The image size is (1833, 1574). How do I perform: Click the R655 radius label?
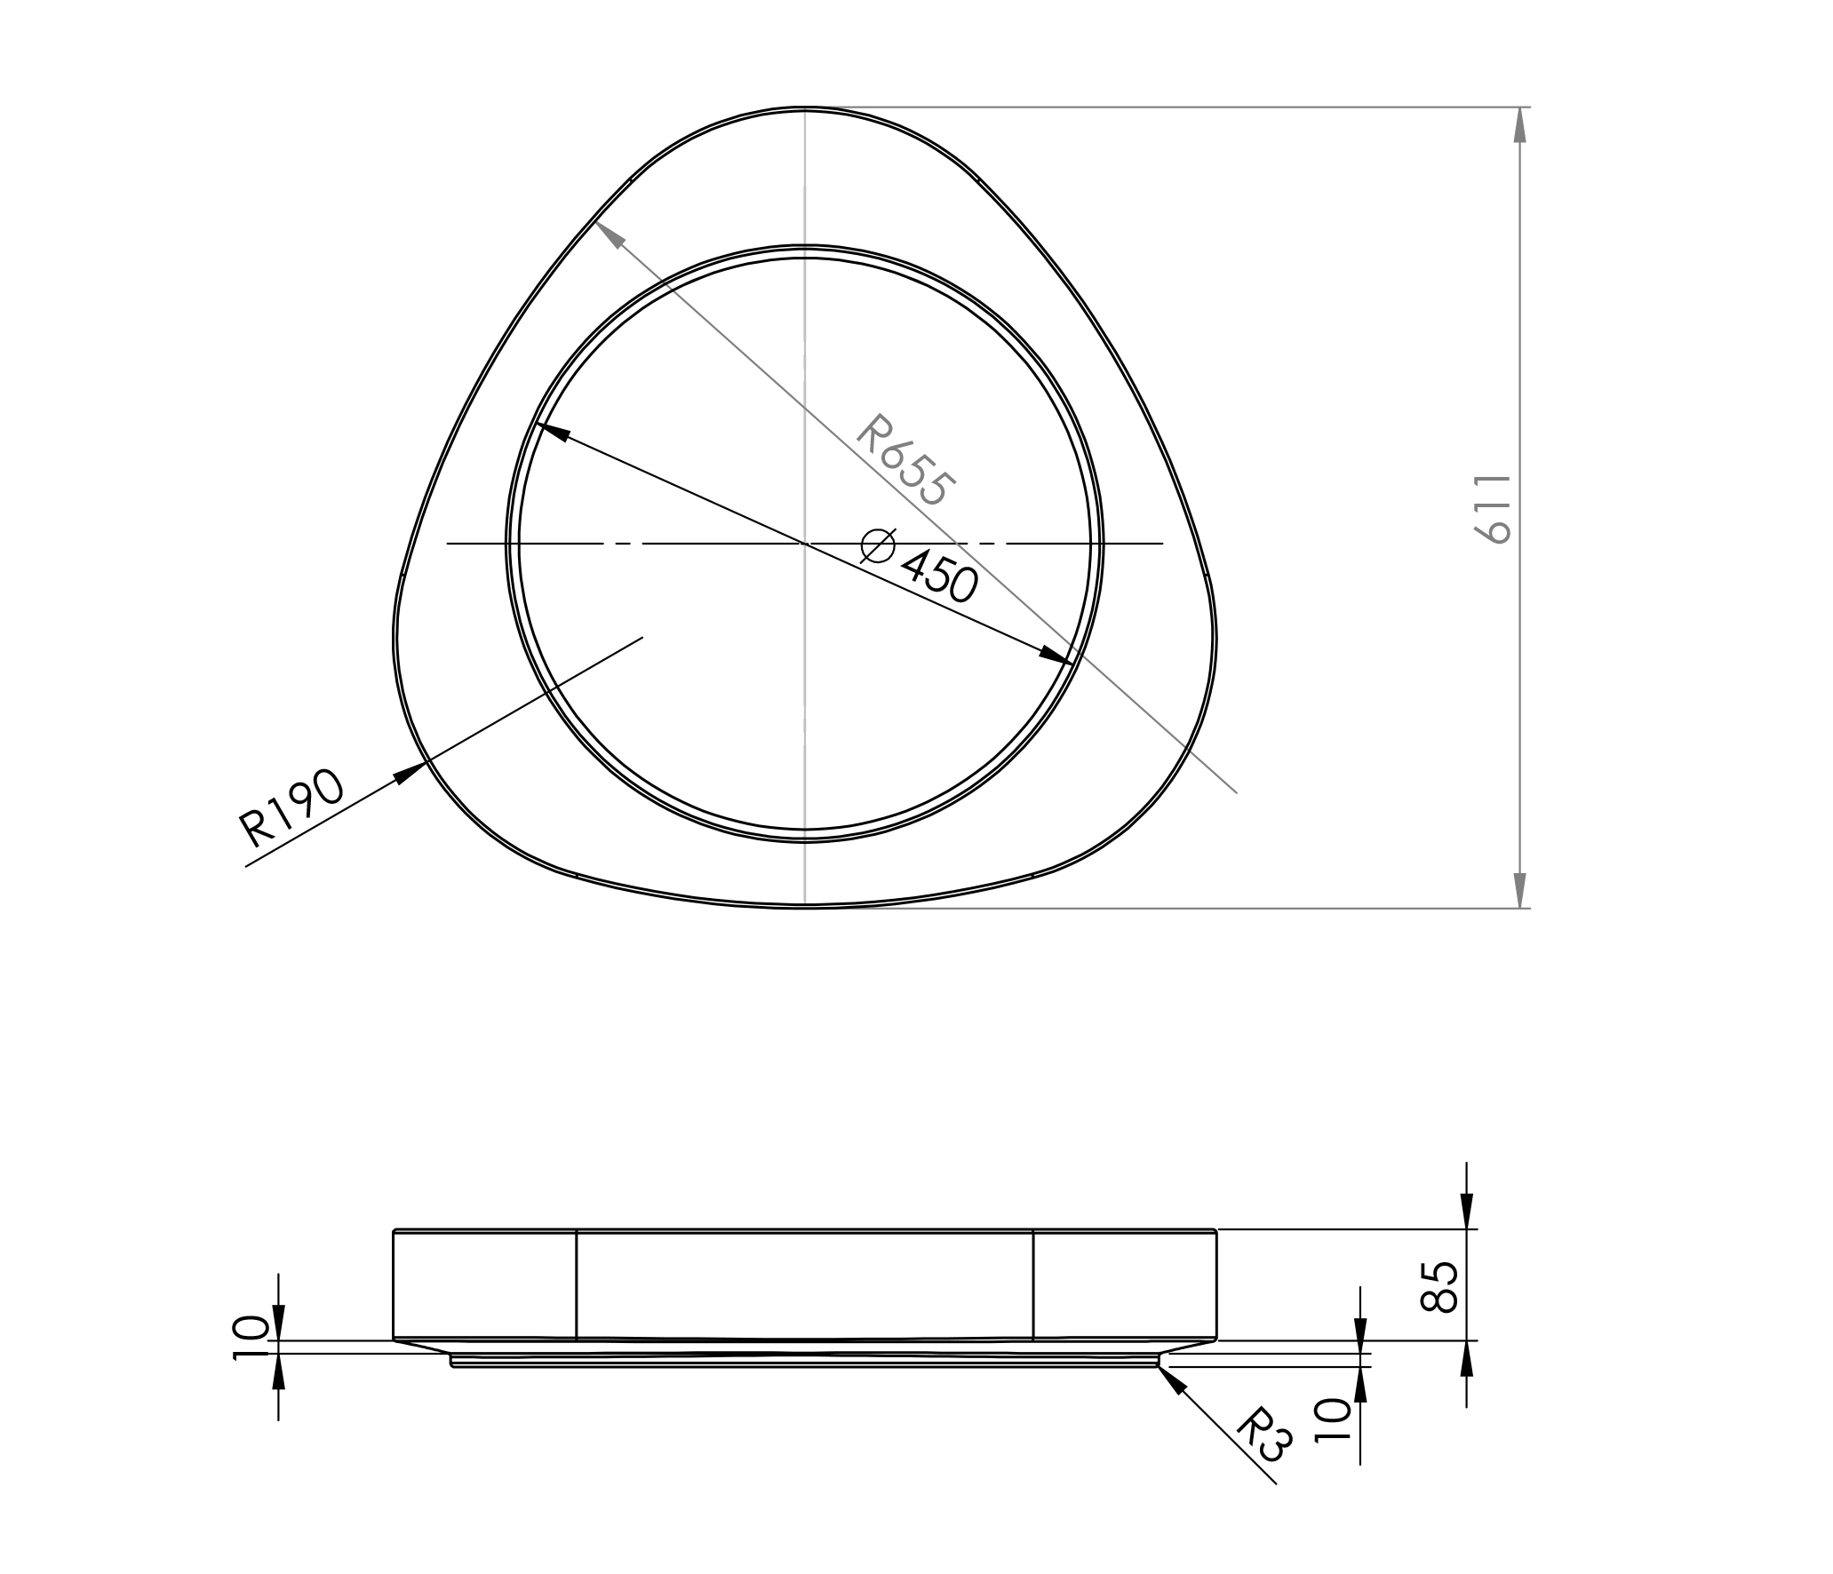tap(906, 461)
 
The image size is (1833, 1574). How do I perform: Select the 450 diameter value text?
tap(939, 576)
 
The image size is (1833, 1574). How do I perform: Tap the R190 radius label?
tap(291, 808)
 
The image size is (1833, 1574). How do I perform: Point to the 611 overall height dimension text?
tap(1493, 508)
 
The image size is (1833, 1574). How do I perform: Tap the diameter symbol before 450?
tap(878, 545)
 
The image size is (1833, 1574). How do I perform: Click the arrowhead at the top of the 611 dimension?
tap(1520, 124)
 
